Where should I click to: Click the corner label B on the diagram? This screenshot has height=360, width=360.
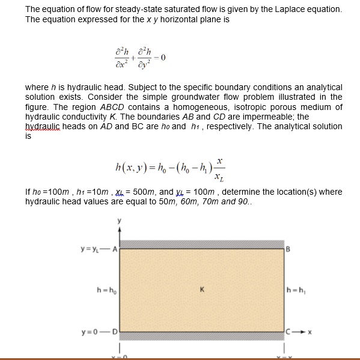click(289, 248)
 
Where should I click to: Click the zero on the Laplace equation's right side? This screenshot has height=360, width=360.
click(162, 58)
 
